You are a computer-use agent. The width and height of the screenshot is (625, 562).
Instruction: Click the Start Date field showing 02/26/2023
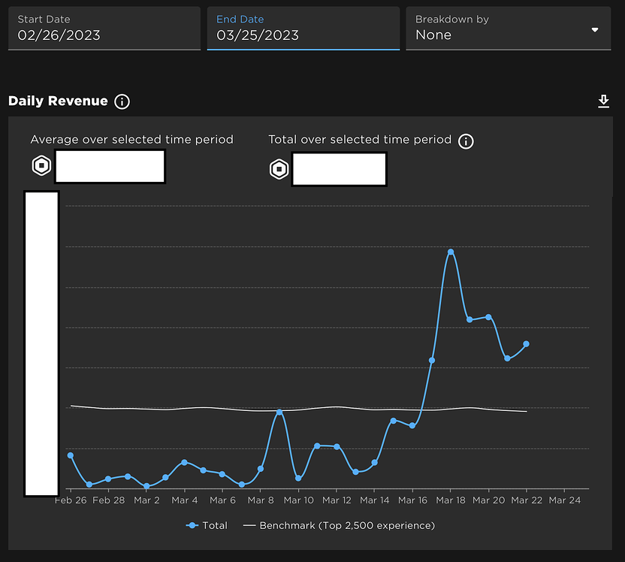104,29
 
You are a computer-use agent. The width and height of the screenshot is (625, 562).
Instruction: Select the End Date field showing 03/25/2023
303,29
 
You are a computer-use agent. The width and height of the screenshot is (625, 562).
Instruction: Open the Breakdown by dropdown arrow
595,30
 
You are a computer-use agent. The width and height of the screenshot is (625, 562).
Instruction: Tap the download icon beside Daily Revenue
603,101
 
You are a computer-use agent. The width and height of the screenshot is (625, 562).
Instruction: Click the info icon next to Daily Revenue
122,101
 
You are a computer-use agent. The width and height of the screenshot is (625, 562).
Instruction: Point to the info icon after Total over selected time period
466,140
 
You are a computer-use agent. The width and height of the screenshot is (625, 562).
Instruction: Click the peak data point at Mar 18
451,252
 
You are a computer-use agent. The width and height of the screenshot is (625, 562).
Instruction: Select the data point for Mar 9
279,412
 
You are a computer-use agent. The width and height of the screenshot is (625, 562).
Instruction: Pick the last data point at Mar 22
527,344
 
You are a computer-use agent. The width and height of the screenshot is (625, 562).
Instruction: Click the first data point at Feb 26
71,455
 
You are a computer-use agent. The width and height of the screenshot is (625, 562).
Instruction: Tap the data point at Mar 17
432,361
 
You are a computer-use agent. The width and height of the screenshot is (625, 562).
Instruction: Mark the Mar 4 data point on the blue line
185,462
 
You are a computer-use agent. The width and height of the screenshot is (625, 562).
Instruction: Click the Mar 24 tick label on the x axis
564,500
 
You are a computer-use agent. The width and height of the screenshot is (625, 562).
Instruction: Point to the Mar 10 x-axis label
298,500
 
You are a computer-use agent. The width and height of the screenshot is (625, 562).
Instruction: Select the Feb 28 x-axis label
109,500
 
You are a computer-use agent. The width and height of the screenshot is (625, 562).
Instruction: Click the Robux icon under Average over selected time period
41,166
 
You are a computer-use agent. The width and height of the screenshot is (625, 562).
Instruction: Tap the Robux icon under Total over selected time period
279,169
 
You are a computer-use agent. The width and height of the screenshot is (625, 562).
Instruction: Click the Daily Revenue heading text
58,101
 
